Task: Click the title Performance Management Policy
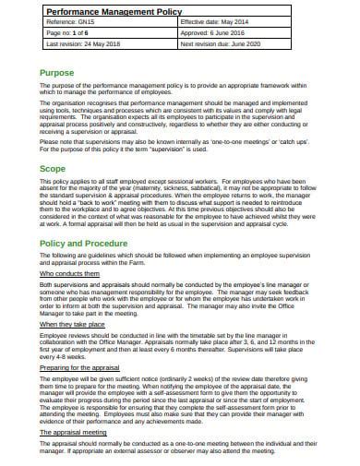point(110,9)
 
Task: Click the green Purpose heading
point(58,72)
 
